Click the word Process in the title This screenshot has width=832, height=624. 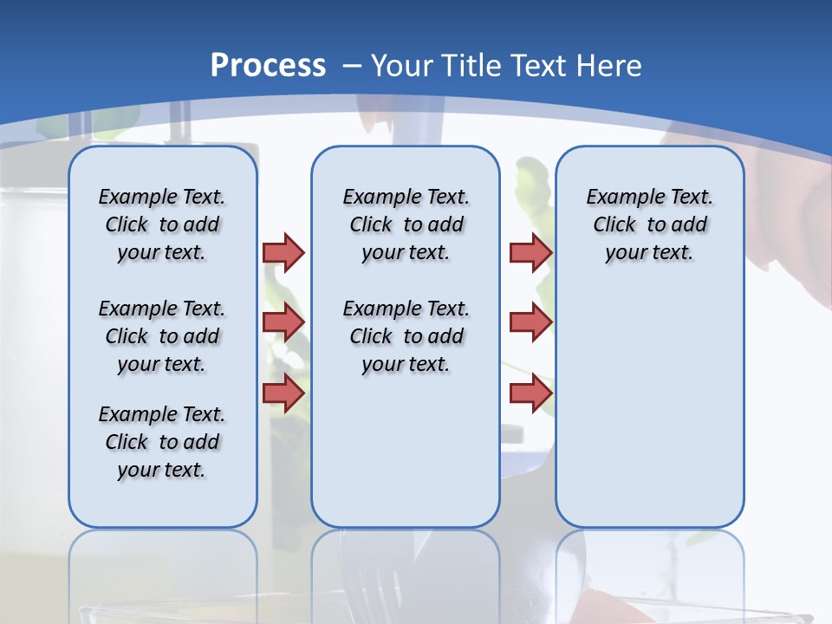click(x=268, y=66)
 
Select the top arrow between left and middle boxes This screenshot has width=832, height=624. click(x=283, y=252)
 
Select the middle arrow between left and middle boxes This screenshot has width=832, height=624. click(x=283, y=322)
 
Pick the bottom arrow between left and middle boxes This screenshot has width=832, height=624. click(x=283, y=393)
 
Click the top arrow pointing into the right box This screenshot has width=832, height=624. click(x=530, y=252)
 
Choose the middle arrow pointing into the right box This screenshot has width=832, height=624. click(x=530, y=322)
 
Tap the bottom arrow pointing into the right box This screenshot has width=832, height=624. click(x=530, y=393)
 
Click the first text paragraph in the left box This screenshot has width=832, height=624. click(x=162, y=224)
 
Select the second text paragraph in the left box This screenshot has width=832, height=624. click(x=162, y=336)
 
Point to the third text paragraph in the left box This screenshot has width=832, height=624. click(x=162, y=442)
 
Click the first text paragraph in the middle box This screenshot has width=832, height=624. click(x=406, y=224)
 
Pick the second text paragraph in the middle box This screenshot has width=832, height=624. click(x=406, y=336)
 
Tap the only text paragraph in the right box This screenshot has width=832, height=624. click(x=649, y=224)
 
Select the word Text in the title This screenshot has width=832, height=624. click(x=539, y=66)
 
